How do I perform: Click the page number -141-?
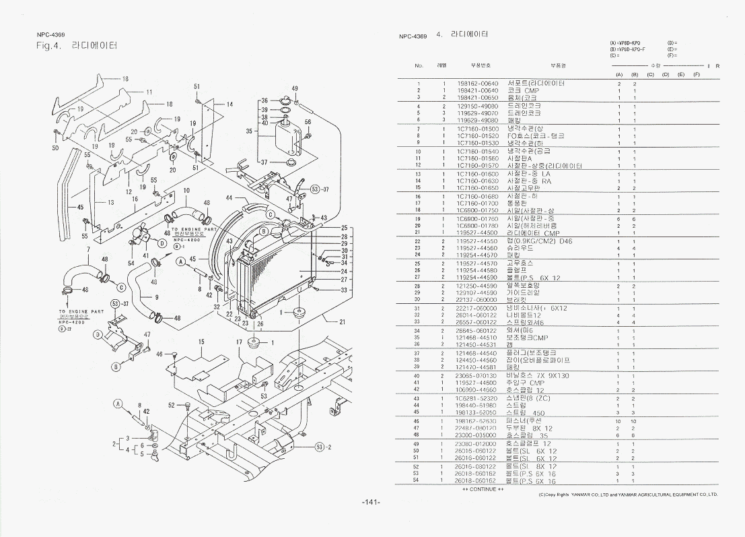[371, 502]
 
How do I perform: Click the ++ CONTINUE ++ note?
[483, 489]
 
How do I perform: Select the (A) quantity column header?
[618, 73]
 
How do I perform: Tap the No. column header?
[419, 65]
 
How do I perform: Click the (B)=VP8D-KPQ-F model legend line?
[627, 49]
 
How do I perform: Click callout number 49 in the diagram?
[295, 88]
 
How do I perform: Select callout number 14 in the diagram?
[229, 104]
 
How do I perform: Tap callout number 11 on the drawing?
[149, 92]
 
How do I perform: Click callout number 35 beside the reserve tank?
[249, 131]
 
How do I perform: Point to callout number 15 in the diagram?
[201, 342]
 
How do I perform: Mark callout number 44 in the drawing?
[229, 198]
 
